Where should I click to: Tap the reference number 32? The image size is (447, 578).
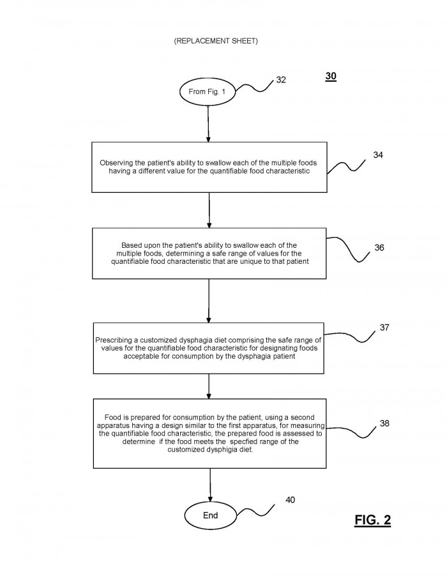tap(281, 80)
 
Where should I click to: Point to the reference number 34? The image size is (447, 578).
tap(378, 155)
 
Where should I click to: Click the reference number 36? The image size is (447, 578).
tap(379, 248)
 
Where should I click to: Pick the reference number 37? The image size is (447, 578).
tap(384, 328)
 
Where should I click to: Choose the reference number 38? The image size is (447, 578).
tap(384, 423)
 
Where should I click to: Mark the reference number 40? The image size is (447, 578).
tap(291, 500)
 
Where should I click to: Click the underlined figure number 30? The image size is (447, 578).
tap(331, 76)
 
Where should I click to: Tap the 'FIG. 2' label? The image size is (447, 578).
tap(372, 520)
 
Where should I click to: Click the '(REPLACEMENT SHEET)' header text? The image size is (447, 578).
tap(216, 41)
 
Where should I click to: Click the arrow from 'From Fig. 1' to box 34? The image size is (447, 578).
tap(208, 124)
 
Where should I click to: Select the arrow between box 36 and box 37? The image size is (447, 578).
tap(209, 301)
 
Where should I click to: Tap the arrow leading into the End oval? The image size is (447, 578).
tap(211, 485)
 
